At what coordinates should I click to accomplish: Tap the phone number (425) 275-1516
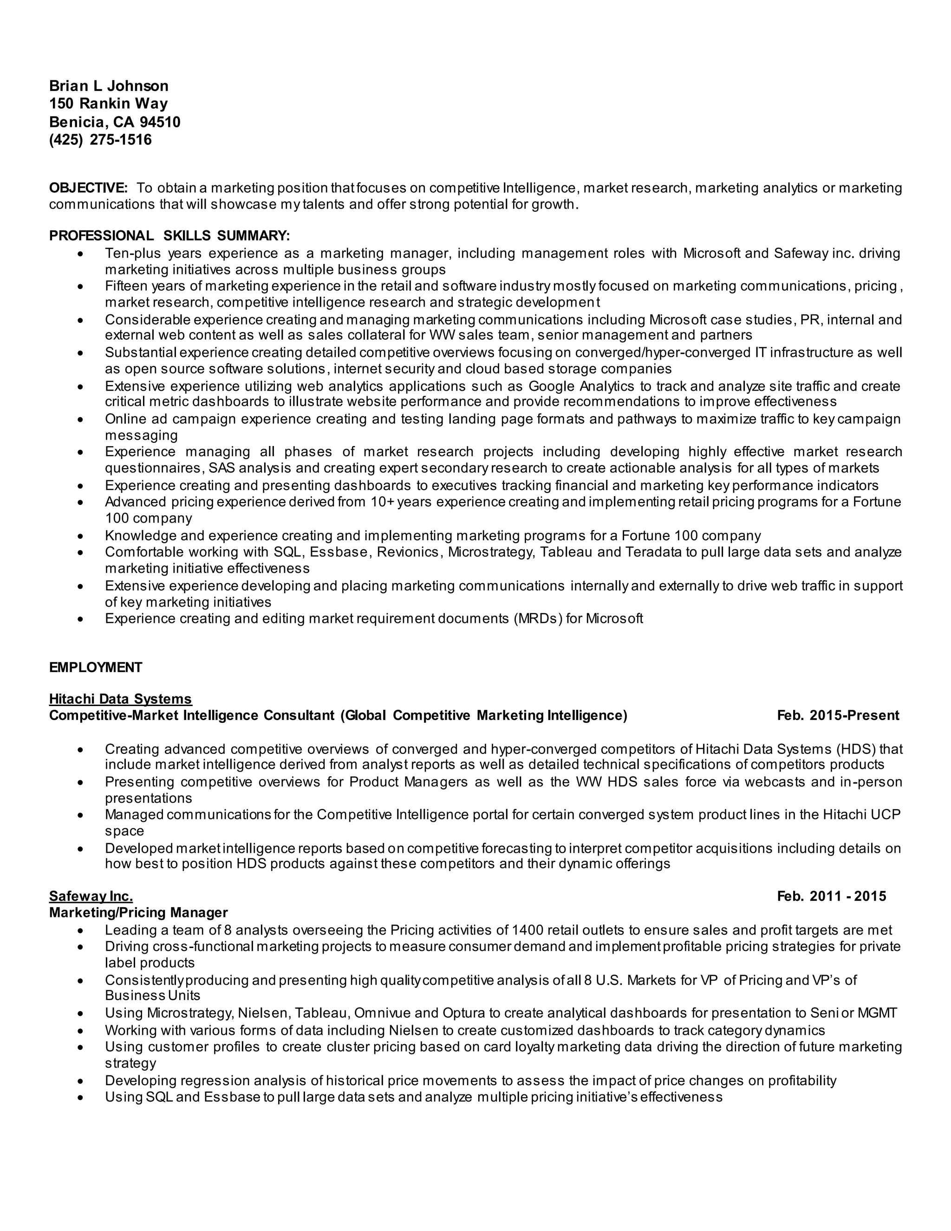100,140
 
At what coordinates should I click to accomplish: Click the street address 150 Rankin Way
108,104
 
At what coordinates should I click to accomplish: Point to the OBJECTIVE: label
88,188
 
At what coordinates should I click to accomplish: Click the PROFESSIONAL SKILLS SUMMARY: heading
169,236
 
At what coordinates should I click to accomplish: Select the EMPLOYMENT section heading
95,668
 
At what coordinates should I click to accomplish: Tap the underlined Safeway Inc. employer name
91,896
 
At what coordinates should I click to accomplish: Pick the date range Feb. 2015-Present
838,715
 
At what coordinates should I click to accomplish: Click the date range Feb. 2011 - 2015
831,896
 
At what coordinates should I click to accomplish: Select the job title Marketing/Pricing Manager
138,912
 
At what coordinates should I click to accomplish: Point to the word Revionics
407,552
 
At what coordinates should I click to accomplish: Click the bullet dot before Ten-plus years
82,254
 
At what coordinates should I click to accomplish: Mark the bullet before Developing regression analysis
82,1081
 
